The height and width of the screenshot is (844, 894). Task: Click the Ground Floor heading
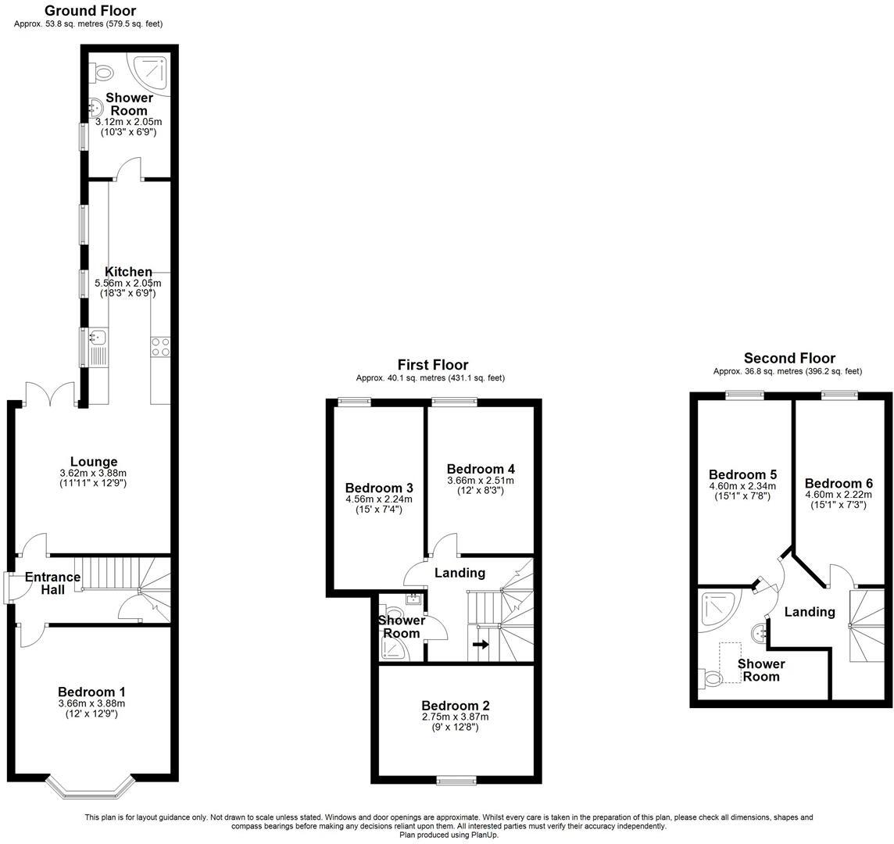(90, 10)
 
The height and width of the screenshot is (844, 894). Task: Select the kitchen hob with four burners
(160, 347)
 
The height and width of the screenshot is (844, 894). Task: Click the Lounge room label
(94, 461)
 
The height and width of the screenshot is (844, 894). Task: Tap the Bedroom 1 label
(91, 692)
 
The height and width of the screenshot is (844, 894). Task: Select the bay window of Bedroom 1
(92, 786)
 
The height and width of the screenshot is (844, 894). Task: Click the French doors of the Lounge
(50, 394)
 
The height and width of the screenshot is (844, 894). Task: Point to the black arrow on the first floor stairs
(481, 645)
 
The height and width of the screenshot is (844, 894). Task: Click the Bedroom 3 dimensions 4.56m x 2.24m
(378, 499)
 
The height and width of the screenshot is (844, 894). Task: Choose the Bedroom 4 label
(481, 469)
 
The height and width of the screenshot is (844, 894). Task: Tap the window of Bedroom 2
(456, 781)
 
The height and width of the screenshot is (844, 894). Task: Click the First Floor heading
(433, 364)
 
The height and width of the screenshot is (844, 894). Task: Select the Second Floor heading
(789, 358)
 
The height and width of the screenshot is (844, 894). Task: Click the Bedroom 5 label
(743, 474)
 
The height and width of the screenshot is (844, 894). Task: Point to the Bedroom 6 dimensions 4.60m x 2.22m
(838, 495)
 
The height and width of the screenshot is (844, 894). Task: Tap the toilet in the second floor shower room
(710, 678)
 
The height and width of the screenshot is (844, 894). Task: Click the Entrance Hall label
(52, 583)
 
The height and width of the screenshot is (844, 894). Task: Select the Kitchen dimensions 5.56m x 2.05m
(127, 283)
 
